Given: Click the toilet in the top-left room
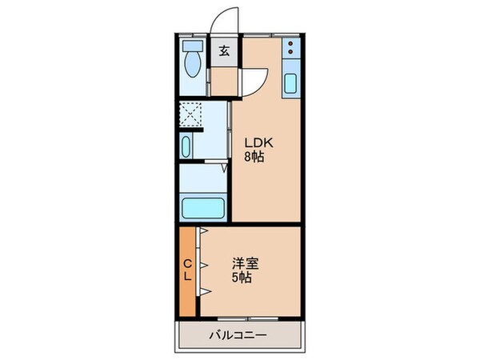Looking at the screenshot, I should tap(193, 58).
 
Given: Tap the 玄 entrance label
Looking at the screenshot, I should tap(224, 52).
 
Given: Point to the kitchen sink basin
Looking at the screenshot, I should tap(290, 82).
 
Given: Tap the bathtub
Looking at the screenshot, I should tap(204, 208).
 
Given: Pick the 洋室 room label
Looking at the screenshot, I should tap(246, 263).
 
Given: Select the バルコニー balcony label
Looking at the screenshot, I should tap(239, 335).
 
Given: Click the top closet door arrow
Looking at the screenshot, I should tap(205, 233).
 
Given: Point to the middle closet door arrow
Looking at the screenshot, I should tap(205, 262).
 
